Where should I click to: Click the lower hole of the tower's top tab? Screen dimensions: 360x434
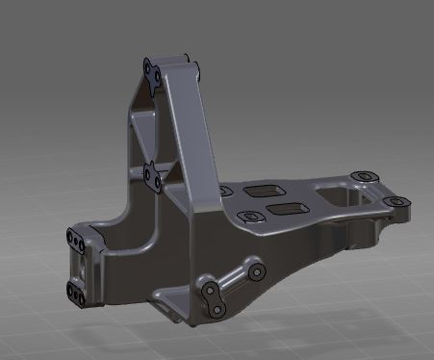click(151, 80)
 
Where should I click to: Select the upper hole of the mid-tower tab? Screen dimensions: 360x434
click(148, 169)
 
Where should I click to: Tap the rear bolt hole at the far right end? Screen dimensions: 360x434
click(362, 177)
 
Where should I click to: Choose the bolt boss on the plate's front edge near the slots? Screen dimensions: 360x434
click(252, 217)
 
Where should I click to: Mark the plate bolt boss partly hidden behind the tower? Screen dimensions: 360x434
click(228, 193)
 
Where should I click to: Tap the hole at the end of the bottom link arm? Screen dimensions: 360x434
click(256, 272)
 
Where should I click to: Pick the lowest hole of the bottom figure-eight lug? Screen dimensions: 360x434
click(217, 309)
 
